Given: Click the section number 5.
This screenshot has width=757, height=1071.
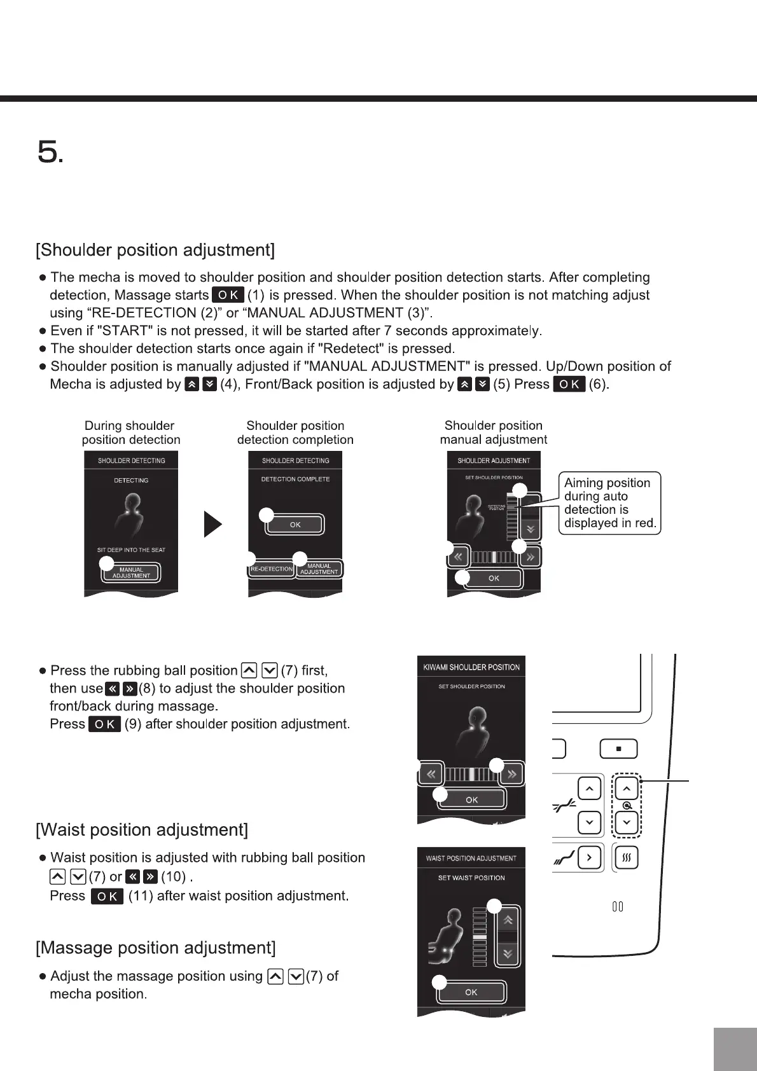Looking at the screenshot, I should tap(50, 153).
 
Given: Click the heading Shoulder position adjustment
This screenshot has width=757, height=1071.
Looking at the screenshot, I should tap(155, 250).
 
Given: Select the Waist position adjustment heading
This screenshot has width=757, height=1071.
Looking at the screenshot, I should tap(142, 830).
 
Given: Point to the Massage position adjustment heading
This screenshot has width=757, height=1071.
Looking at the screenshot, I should tap(156, 948).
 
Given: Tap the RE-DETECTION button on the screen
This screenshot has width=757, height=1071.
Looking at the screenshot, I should tap(272, 569).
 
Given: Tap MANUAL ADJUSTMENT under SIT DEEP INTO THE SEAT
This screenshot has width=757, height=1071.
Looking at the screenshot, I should tap(131, 573).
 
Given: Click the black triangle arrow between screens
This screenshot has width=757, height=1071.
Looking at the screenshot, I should tap(212, 524).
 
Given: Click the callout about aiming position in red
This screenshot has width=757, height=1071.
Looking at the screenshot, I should tap(609, 503).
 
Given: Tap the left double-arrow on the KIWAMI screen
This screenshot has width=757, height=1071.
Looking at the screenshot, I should tap(431, 774).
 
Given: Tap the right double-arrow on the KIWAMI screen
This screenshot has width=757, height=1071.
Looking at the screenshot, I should tap(511, 774).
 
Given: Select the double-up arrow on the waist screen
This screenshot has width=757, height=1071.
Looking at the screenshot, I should tap(508, 920).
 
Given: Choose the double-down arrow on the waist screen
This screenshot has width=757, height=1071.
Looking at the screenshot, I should tap(508, 953).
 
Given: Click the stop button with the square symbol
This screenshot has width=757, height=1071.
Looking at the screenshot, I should tap(618, 749).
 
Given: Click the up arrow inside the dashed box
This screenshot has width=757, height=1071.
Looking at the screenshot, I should tap(627, 789).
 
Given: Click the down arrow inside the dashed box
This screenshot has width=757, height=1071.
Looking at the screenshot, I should tap(627, 822).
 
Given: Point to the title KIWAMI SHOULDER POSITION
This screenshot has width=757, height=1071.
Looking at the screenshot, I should tap(471, 667).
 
